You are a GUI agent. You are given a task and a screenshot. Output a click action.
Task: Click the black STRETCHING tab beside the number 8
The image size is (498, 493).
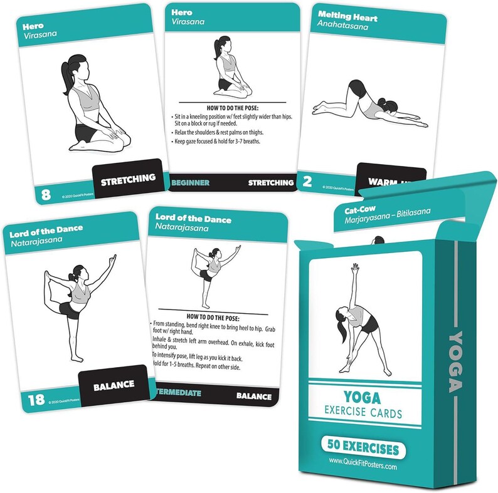[129, 178]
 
